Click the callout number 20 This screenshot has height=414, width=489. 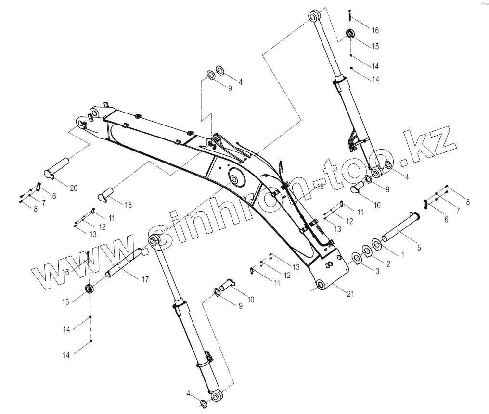click(73, 188)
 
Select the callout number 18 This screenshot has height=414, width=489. click(128, 205)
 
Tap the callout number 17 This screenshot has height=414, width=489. click(145, 279)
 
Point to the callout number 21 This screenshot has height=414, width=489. click(350, 294)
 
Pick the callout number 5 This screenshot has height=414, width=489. click(419, 248)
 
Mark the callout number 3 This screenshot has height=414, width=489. click(377, 271)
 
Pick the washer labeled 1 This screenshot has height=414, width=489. click(377, 245)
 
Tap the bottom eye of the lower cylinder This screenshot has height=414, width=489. click(216, 397)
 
